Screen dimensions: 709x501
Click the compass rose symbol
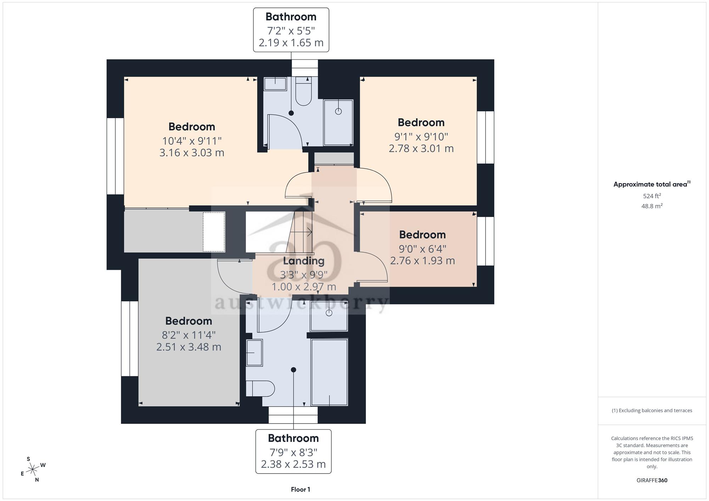point(33,469)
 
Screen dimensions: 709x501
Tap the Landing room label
point(304,261)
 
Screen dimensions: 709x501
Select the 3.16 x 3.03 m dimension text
point(192,153)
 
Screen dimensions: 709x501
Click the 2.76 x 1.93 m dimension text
point(423,261)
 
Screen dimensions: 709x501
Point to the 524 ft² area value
point(652,196)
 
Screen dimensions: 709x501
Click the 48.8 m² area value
point(652,206)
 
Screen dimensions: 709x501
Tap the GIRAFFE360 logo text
point(652,480)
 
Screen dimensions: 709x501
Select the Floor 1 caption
point(301,490)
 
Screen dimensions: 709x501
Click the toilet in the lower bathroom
point(260,388)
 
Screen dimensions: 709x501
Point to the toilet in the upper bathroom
point(303,91)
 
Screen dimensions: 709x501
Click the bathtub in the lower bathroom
point(329,372)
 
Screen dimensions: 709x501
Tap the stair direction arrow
point(301,232)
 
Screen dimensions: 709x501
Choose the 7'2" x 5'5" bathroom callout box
point(291,30)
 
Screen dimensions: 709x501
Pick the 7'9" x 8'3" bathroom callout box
point(294,451)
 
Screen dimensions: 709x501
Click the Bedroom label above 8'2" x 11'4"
point(189,321)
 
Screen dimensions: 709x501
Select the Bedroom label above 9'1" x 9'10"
point(421,123)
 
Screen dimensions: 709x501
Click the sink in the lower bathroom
point(255,353)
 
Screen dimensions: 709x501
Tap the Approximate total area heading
point(652,184)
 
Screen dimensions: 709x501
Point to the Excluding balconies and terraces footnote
point(652,411)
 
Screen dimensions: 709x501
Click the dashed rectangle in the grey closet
point(214,232)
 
